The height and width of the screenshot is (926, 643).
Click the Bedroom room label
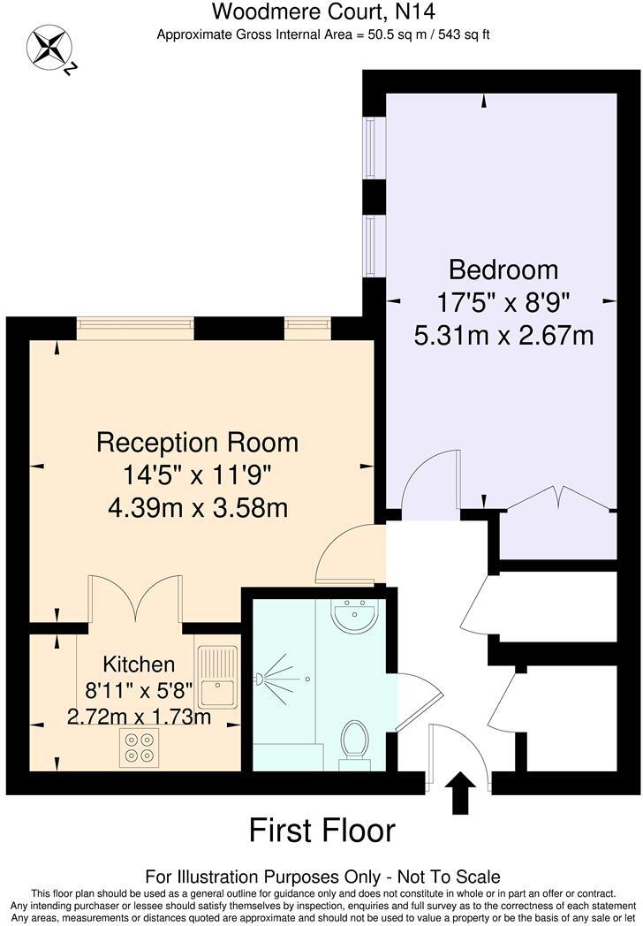[x=503, y=269]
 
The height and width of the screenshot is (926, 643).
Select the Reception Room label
[x=197, y=441]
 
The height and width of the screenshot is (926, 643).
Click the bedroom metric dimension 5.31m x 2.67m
[x=503, y=336]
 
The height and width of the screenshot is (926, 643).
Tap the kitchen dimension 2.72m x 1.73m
[x=139, y=717]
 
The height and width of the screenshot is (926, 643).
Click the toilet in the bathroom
[x=355, y=740]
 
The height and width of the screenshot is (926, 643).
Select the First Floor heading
[x=321, y=831]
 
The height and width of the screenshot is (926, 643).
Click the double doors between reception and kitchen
[x=135, y=601]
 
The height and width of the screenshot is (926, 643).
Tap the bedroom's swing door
[x=429, y=482]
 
